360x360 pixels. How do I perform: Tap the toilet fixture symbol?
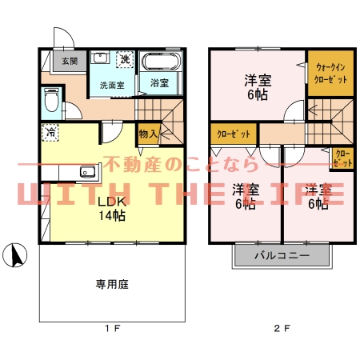(50, 101)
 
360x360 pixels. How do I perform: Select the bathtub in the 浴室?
(161, 62)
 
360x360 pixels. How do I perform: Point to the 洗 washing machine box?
(125, 59)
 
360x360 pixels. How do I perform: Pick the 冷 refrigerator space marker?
(50, 133)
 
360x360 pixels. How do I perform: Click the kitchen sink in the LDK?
(86, 171)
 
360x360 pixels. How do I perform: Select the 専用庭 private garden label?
(112, 282)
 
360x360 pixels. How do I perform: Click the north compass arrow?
(14, 255)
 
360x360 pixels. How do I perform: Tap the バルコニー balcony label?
(282, 257)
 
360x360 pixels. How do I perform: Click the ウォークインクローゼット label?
(331, 74)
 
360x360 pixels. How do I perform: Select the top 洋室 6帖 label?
(255, 86)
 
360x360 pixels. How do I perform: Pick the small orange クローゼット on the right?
(342, 157)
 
